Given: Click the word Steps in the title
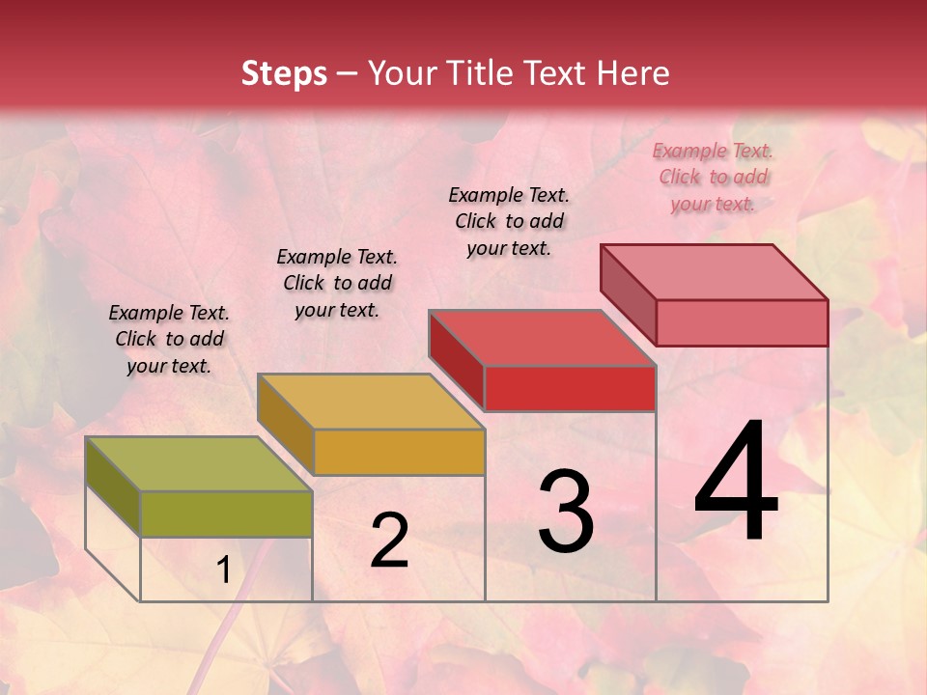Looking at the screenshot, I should coord(284,73).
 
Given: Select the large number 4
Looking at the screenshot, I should coord(736,482).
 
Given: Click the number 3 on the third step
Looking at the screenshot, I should coord(566,512).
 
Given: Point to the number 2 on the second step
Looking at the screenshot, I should coord(389,541).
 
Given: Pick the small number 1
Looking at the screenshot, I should coord(223,571).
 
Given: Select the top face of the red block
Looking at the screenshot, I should coord(542,338).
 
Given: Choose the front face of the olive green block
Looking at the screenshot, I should coord(226,514).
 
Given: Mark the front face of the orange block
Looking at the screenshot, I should coord(399,452).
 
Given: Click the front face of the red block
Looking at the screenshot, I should coord(570,388).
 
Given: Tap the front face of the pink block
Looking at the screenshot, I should coord(742,322).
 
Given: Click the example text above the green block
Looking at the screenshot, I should coord(169,339).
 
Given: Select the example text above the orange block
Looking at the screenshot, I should coord(337,283).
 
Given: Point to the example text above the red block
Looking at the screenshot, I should coord(509,221).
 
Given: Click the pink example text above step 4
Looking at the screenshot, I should coord(713,177).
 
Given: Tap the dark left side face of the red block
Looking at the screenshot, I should coord(457,359).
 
